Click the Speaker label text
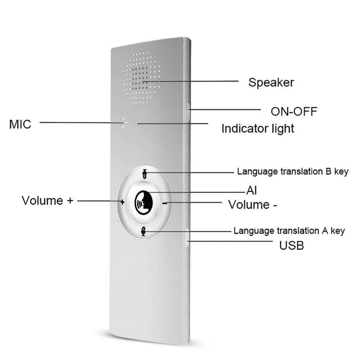[271, 82]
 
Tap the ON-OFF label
[294, 111]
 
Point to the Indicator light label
[258, 128]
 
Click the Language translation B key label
[292, 172]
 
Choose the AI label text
[251, 190]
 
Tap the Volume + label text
[47, 200]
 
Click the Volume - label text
[253, 205]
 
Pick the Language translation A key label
[289, 231]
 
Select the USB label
[292, 246]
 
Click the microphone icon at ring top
[144, 174]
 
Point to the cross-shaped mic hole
[124, 123]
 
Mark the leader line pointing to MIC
[79, 123]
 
